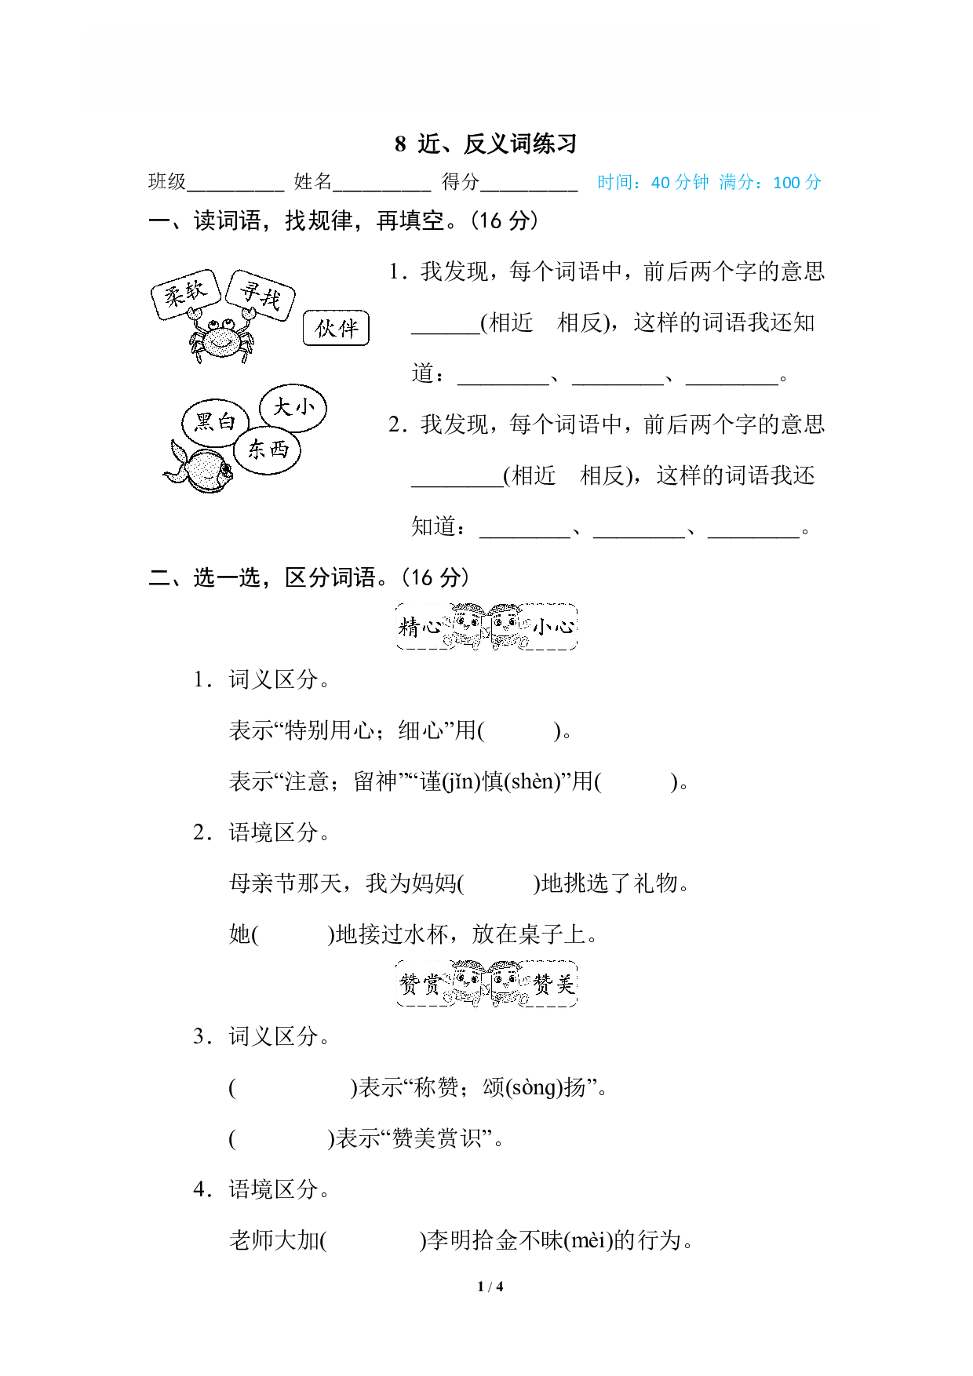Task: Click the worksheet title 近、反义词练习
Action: [x=497, y=144]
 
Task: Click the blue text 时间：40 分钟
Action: [x=653, y=183]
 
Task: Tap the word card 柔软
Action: [x=185, y=294]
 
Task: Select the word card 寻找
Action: [x=261, y=295]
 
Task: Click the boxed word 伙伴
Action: [x=336, y=328]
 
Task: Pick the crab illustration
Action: [x=221, y=337]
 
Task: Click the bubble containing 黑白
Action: [x=215, y=422]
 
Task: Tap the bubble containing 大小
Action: [x=293, y=408]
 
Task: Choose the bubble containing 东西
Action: [x=268, y=450]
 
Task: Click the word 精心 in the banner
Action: [x=421, y=627]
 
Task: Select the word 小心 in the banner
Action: [x=554, y=627]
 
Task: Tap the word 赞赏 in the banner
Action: [x=421, y=984]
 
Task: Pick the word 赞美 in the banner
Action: [x=554, y=984]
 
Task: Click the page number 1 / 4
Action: [x=490, y=1287]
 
